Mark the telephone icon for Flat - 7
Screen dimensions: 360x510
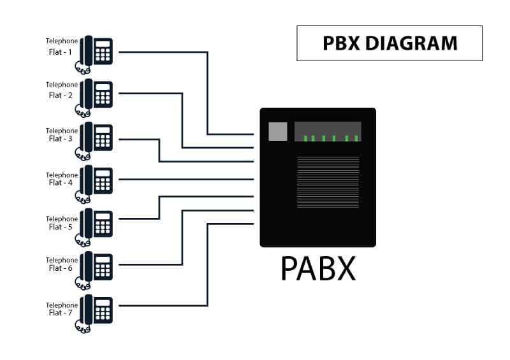click(x=96, y=312)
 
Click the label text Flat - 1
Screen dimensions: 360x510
click(x=61, y=52)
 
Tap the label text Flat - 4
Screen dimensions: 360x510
click(x=61, y=183)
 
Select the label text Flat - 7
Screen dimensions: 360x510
click(x=61, y=313)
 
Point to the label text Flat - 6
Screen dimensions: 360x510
click(x=61, y=268)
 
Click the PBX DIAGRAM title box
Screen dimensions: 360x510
click(x=390, y=43)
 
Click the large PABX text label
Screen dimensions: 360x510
click(x=317, y=270)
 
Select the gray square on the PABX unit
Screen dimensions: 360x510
click(x=278, y=131)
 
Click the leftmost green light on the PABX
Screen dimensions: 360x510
click(x=305, y=138)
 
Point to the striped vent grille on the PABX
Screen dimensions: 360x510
click(x=328, y=182)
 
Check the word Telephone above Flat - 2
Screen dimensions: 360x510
click(x=62, y=85)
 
